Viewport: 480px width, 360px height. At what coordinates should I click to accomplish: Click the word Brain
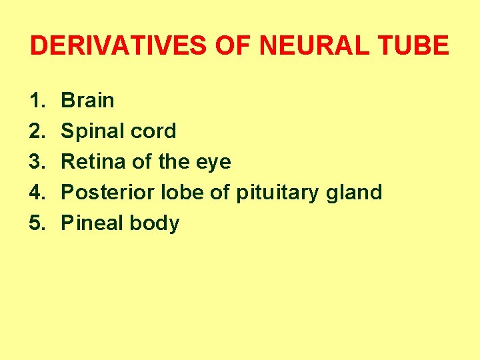[87, 101]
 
